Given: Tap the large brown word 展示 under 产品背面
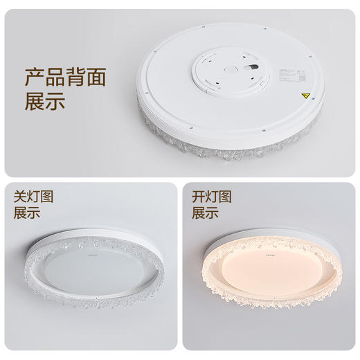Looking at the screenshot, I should tap(45, 102).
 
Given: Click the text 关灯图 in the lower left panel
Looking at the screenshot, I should tap(33, 196).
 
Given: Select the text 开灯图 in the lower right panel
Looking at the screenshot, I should tap(212, 196).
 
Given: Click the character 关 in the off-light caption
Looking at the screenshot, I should tap(21, 196).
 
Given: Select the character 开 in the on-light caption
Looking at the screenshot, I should tap(199, 196).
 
